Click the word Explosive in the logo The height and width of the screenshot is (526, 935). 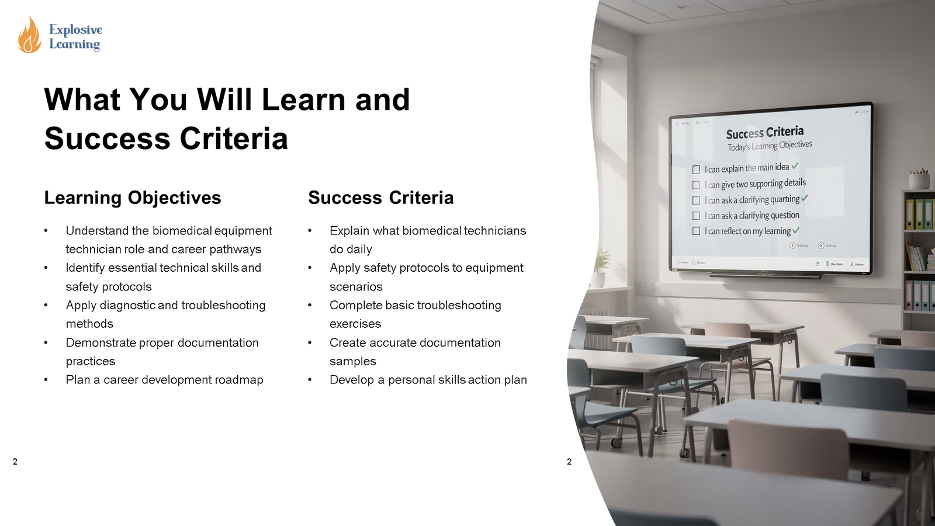coord(75,29)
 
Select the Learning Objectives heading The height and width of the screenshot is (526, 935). coord(133,198)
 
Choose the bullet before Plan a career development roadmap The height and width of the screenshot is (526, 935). coord(46,380)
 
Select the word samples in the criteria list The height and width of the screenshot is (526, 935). coord(352,361)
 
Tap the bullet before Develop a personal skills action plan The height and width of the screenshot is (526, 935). coord(310,380)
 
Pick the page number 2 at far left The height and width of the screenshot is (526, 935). coord(15,462)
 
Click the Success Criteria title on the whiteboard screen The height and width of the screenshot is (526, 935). coord(764,133)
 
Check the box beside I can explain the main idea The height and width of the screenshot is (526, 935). coord(696,169)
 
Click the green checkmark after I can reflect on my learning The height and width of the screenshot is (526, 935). coord(796,230)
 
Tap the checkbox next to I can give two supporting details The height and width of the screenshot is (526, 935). coord(696,185)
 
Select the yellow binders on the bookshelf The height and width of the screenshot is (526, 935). coord(915,214)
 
